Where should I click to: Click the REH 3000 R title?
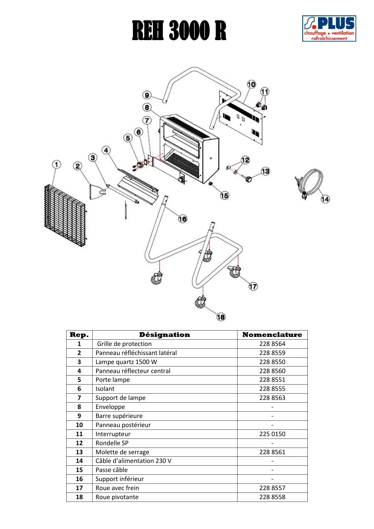(x=179, y=30)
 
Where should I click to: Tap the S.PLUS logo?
(x=329, y=29)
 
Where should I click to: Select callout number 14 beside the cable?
(x=325, y=199)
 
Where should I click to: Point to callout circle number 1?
(x=56, y=164)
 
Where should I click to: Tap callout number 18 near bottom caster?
(x=221, y=317)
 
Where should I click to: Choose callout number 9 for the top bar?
(x=147, y=95)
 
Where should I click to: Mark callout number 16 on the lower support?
(x=183, y=219)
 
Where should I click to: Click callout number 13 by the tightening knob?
(x=265, y=171)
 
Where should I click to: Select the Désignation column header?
(x=165, y=335)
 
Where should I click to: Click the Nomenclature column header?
(x=272, y=335)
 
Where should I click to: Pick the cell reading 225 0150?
(x=272, y=434)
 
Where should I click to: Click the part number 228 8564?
(x=272, y=344)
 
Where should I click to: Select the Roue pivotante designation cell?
(x=117, y=497)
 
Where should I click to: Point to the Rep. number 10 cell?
(x=79, y=425)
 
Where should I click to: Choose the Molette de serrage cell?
(x=122, y=452)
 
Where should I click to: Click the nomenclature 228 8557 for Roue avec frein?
(x=272, y=488)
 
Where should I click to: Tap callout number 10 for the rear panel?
(x=251, y=84)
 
